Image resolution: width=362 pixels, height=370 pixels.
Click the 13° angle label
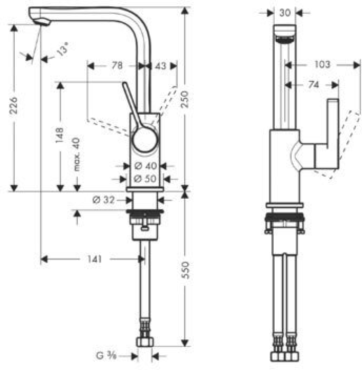coord(64,51)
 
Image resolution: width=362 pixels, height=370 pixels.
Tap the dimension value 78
coord(117,66)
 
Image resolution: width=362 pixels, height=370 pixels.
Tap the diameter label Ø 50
coord(145,178)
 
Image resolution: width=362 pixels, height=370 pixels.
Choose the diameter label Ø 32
coord(103,200)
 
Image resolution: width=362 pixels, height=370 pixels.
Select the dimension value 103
coord(322,64)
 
